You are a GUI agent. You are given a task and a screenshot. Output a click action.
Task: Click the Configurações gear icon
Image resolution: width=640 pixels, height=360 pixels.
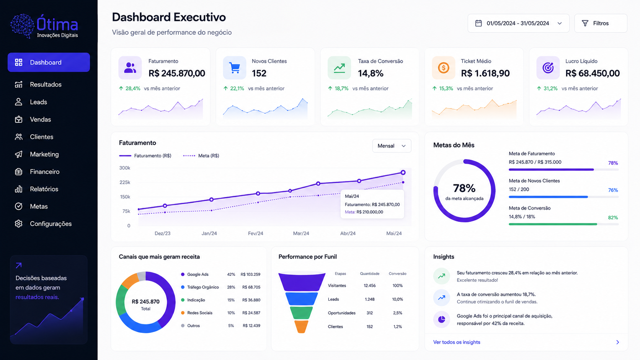tap(19, 223)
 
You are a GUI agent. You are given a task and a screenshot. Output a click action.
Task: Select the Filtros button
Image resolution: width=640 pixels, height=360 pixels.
tap(601, 23)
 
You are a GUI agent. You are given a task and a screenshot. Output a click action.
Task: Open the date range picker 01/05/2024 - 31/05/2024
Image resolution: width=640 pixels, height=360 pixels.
tap(518, 23)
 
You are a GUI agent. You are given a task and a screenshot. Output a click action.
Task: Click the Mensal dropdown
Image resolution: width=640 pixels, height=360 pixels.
tap(392, 146)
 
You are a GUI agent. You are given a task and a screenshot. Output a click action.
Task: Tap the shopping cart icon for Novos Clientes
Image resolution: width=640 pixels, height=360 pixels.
tap(235, 68)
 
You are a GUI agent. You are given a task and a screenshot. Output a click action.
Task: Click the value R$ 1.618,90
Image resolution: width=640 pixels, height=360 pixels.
tap(485, 73)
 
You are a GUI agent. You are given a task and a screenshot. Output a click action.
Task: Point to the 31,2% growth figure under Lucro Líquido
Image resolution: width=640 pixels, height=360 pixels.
tap(550, 88)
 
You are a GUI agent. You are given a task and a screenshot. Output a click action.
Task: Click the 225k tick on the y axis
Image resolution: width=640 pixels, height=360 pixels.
tap(125, 182)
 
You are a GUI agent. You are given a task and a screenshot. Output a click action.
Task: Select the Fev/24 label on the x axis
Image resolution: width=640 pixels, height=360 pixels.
tap(255, 233)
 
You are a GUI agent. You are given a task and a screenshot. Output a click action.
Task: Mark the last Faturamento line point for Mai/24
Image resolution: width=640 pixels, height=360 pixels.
tap(403, 173)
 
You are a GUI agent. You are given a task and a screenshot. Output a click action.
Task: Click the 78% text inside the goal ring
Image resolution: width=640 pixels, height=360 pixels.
tap(464, 188)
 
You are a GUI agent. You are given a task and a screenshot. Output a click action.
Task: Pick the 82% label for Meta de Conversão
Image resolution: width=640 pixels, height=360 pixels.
tap(613, 218)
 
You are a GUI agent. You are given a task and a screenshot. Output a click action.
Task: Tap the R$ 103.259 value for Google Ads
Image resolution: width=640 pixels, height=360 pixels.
tap(250, 274)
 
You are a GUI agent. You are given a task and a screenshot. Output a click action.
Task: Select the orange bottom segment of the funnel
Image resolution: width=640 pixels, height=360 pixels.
tap(301, 327)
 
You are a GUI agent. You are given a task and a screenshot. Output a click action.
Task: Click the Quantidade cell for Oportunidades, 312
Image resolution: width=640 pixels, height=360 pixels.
tap(370, 313)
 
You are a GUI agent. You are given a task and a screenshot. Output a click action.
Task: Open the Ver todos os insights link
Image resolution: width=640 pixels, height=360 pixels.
tap(457, 342)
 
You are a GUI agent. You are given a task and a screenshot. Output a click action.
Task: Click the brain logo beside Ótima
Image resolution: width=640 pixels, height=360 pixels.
tap(23, 26)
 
